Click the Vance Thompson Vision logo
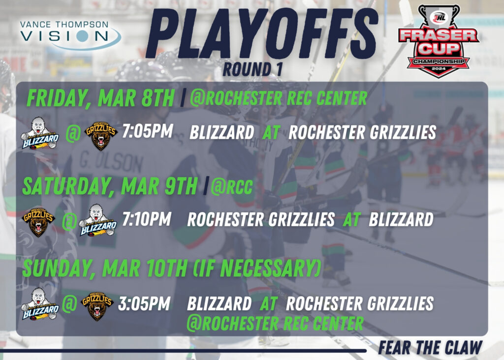click(70, 35)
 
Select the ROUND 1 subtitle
click(252, 69)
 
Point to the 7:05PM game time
click(148, 131)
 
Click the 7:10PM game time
click(147, 219)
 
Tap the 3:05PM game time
click(144, 303)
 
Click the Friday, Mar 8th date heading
click(100, 98)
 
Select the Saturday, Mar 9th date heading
click(110, 186)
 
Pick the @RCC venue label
click(231, 187)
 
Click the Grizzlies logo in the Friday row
click(100, 136)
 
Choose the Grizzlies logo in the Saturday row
click(38, 221)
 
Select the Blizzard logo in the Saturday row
click(98, 220)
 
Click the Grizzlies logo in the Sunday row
click(97, 306)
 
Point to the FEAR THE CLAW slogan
click(430, 348)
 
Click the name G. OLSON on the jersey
click(111, 162)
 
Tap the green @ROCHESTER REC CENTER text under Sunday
click(275, 323)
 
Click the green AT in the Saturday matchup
click(351, 220)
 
